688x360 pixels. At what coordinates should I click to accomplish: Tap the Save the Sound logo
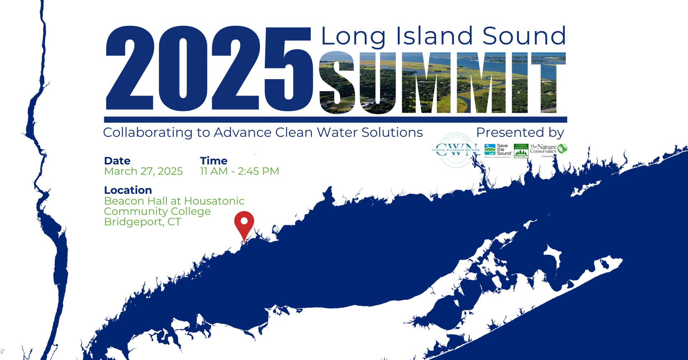pos(498,150)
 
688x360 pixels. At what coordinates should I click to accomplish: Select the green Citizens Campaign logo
pos(521,151)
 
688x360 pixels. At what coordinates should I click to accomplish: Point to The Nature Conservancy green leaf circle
pos(562,148)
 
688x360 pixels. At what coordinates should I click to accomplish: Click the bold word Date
pos(117,161)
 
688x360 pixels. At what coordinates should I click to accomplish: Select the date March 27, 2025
pos(143,171)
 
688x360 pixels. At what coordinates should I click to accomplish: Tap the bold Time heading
pos(214,161)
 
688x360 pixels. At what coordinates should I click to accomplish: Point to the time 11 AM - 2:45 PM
pos(239,171)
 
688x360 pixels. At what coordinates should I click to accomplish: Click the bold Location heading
pos(128,190)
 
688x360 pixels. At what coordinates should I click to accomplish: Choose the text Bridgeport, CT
pos(142,222)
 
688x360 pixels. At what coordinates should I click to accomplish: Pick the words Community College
pos(157,211)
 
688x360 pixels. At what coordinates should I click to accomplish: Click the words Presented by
pos(520,133)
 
